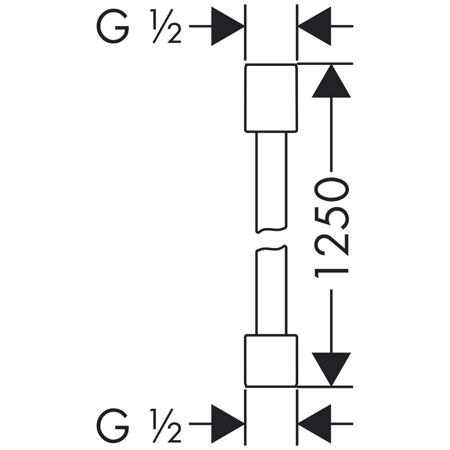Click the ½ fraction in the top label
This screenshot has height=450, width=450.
coord(167,28)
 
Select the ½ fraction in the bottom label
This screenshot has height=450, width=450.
coord(167,425)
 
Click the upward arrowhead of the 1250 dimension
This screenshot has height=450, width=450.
coord(331,82)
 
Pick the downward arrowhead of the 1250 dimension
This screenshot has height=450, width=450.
coord(331,368)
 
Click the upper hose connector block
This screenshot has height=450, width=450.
coord(270,98)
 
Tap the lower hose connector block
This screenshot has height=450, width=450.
coord(270,360)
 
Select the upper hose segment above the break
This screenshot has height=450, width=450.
coord(270,182)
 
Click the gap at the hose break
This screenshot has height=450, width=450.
coord(270,240)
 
